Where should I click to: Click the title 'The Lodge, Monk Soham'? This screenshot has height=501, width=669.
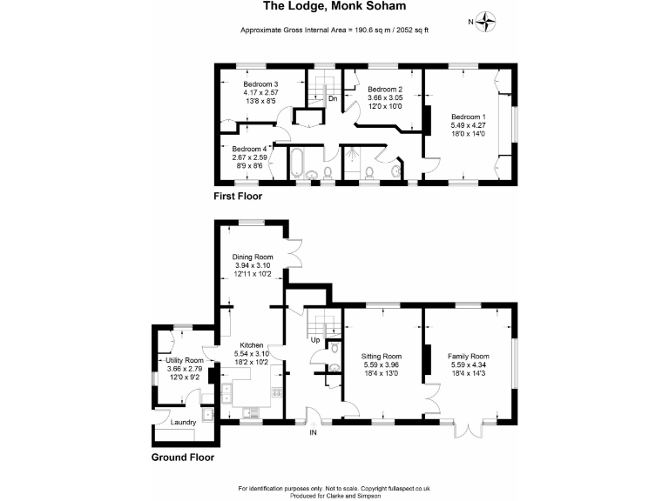point(334,7)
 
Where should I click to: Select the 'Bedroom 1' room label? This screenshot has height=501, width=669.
point(469,117)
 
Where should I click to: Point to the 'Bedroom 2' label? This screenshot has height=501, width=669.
point(384,90)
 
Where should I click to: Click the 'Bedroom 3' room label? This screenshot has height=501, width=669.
point(260,83)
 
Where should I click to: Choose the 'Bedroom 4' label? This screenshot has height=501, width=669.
point(249,149)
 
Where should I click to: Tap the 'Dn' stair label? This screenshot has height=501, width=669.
point(333,98)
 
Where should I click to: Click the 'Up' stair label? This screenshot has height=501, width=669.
point(314,339)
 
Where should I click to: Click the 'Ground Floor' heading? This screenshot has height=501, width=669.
point(183,457)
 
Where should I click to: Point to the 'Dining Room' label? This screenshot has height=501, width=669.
point(253,257)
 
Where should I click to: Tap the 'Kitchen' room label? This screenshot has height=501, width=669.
point(252,345)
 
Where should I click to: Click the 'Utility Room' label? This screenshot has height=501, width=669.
point(184,360)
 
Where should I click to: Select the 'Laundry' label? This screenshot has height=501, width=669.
point(183,422)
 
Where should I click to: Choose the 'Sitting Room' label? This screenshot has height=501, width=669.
point(382,356)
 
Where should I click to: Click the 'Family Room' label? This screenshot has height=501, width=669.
point(469,356)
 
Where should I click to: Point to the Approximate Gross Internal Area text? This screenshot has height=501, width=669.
point(334,30)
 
